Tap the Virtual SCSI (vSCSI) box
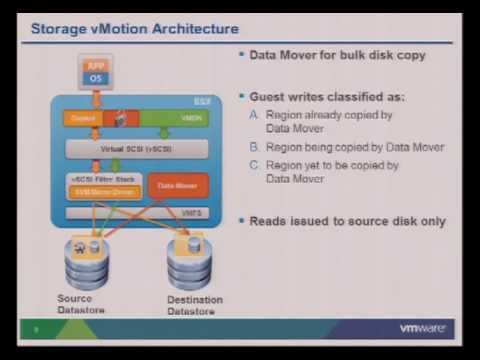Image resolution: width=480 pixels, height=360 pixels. tap(135, 147)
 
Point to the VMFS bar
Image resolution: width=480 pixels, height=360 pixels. tap(135, 213)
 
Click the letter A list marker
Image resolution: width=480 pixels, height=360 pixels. tap(254, 116)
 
